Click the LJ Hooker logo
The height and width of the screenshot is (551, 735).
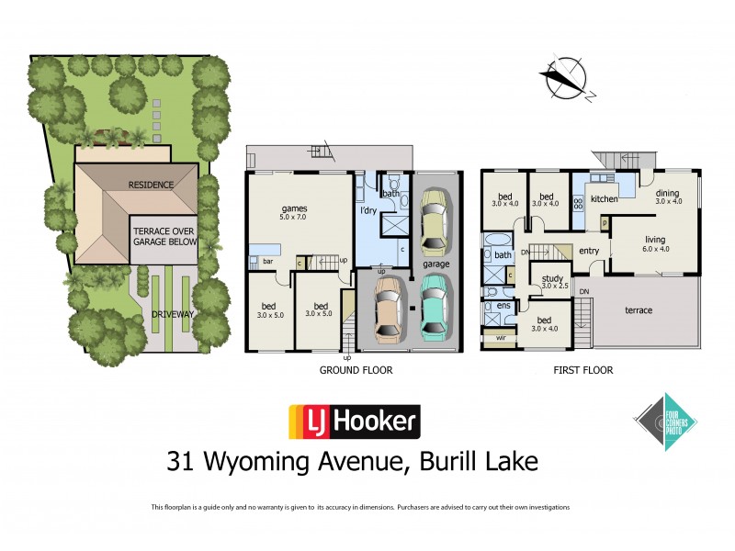[x=354, y=422]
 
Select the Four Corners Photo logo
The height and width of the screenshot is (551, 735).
[x=666, y=421]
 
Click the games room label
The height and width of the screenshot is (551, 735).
[x=293, y=209]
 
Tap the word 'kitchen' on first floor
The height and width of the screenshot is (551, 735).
[x=603, y=198]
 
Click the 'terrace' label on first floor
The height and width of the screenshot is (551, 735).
[x=639, y=310]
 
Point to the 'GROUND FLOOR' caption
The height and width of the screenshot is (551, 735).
[x=356, y=371]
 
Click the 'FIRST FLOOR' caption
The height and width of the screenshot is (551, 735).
[x=583, y=371]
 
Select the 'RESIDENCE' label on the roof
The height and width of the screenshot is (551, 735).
[x=151, y=185]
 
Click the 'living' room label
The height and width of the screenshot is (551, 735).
[x=654, y=240]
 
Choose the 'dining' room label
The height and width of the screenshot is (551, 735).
[x=668, y=193]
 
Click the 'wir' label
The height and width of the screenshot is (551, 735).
[x=501, y=338]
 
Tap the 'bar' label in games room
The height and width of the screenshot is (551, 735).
[x=267, y=262]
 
